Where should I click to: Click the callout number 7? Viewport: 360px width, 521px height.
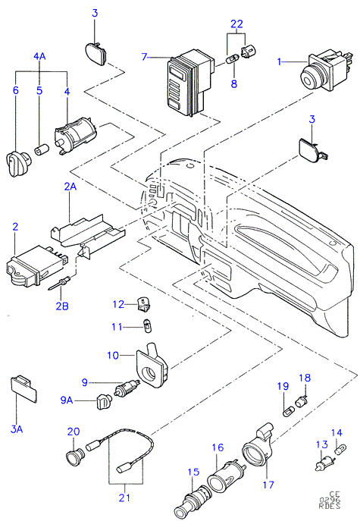(144, 57)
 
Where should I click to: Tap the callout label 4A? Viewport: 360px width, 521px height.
(39, 56)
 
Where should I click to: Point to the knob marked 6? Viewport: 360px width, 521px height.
(19, 161)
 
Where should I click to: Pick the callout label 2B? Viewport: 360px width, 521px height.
(62, 306)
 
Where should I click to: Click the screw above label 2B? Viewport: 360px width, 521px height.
(59, 283)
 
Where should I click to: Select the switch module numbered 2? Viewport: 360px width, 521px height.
(36, 266)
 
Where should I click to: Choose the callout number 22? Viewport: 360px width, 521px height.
(236, 24)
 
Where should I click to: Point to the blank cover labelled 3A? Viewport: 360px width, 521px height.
(24, 388)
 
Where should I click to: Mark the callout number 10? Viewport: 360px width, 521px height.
(113, 355)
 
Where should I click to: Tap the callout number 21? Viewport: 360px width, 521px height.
(124, 497)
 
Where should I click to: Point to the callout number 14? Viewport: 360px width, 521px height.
(337, 432)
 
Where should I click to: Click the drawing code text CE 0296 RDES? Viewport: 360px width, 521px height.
(330, 500)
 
